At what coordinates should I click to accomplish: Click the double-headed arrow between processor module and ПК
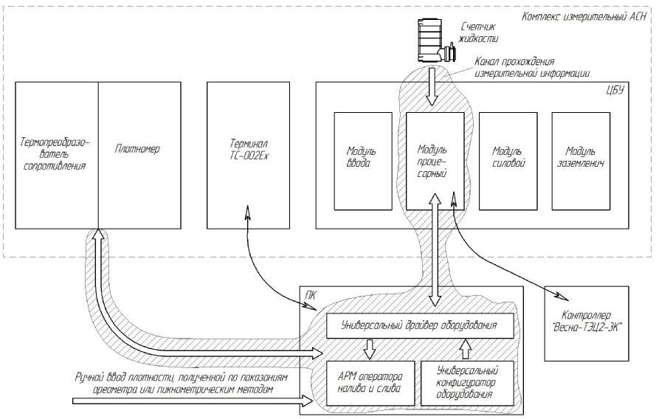pyautogui.click(x=435, y=251)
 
